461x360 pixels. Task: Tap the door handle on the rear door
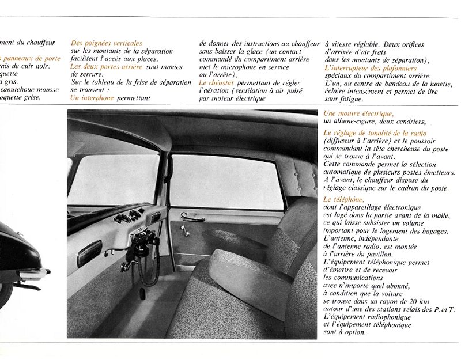pyautogui.click(x=192, y=217)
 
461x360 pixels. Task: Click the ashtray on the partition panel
pyautogui.click(x=89, y=252)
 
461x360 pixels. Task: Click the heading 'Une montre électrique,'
pyautogui.click(x=358, y=113)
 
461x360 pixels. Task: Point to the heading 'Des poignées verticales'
pyautogui.click(x=106, y=43)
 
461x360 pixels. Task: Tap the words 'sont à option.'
pyautogui.click(x=345, y=332)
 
